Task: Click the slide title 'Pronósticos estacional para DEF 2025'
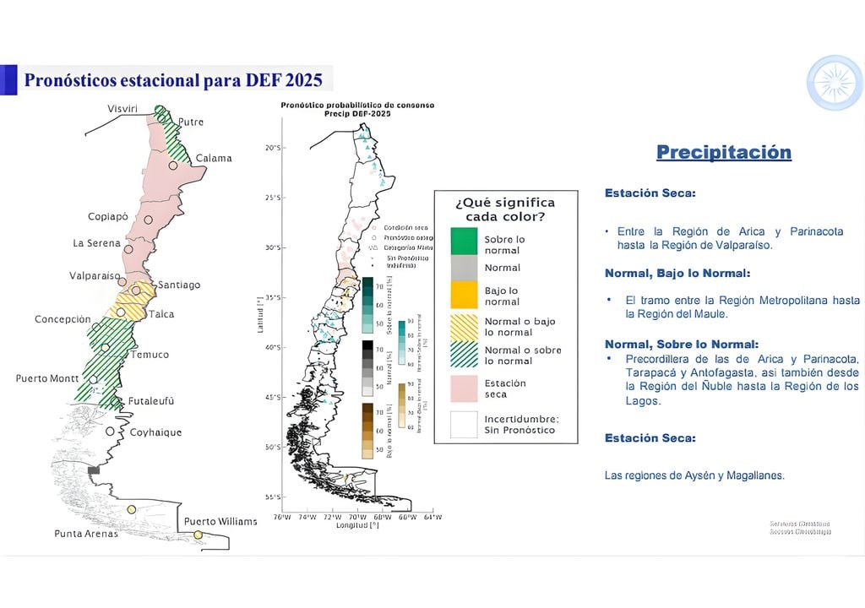point(173,80)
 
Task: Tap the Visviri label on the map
point(122,109)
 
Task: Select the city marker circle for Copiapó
point(148,220)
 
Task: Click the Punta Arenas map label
point(86,534)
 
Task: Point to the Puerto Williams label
point(220,521)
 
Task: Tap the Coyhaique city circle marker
point(111,432)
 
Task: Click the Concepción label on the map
point(63,319)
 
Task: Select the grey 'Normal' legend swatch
point(463,268)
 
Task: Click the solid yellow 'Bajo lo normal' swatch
point(463,296)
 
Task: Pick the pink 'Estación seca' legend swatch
point(463,388)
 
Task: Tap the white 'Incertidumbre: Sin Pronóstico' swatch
point(463,424)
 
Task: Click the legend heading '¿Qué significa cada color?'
point(505,209)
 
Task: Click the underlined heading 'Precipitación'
point(724,153)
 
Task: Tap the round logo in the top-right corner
point(834,83)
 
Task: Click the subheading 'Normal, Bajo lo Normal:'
point(677,274)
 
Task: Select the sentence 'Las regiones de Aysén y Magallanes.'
point(694,475)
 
